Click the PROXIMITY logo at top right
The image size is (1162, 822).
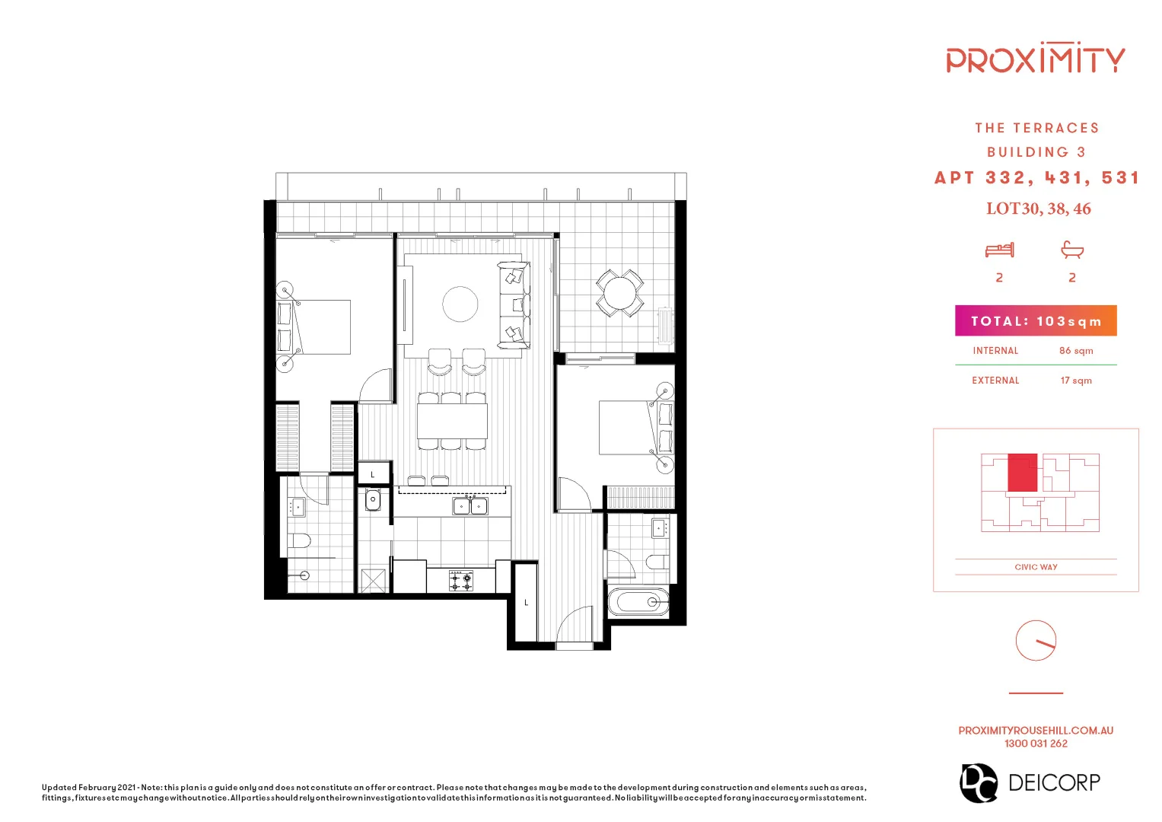click(x=1035, y=59)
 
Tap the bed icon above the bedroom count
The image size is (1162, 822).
click(x=999, y=250)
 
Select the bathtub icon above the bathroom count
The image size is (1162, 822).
click(x=1072, y=250)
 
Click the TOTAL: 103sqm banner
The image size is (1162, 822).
click(x=1036, y=321)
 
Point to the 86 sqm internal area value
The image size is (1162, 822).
click(x=1076, y=351)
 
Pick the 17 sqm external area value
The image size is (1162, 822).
click(x=1076, y=381)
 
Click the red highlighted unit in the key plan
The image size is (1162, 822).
click(x=1022, y=473)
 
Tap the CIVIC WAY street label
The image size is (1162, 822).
click(x=1036, y=567)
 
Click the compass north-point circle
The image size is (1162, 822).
click(x=1036, y=641)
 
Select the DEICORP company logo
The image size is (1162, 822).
click(x=1030, y=782)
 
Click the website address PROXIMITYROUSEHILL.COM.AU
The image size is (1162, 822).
click(x=1036, y=731)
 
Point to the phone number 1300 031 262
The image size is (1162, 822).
click(x=1036, y=744)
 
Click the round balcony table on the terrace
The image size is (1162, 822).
click(x=620, y=293)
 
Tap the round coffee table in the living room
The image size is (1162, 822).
click(x=460, y=304)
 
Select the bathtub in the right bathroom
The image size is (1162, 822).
click(x=639, y=603)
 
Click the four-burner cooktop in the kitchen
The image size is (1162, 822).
click(x=460, y=581)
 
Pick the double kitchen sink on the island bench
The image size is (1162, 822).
click(x=470, y=506)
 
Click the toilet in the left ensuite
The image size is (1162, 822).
click(x=299, y=541)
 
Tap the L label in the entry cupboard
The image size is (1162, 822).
click(x=526, y=603)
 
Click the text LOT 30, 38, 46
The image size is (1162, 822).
click(x=1038, y=209)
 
